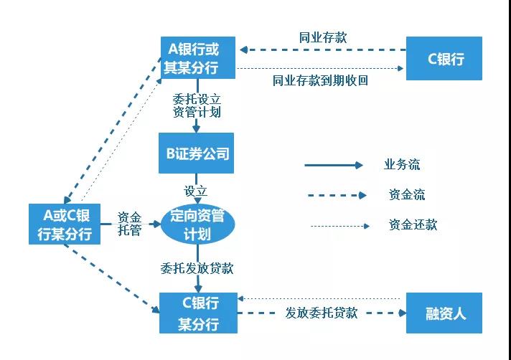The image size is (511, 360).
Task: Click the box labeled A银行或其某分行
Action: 198,57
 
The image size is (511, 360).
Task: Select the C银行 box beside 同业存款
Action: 444,58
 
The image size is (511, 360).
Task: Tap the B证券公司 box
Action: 196,153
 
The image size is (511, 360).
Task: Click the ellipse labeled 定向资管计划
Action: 198,225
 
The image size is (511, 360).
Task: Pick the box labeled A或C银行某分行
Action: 65,224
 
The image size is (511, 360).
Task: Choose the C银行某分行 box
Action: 198,313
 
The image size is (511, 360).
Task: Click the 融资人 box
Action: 444,313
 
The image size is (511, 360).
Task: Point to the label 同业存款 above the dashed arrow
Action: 323,37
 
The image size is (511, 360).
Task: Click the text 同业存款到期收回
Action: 320,80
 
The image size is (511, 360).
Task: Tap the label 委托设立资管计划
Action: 197,105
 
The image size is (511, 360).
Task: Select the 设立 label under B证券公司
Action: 195,191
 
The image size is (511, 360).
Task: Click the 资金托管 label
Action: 129,224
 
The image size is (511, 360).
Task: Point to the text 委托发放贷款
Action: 197,268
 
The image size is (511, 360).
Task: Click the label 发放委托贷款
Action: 322,313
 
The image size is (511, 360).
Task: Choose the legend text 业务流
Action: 402,164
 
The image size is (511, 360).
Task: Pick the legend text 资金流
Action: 407,194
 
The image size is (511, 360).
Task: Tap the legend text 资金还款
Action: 413,224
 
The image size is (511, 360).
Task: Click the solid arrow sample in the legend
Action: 334,165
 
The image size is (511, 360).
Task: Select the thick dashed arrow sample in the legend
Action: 337,195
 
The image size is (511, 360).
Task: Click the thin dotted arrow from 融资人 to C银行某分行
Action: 319,298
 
